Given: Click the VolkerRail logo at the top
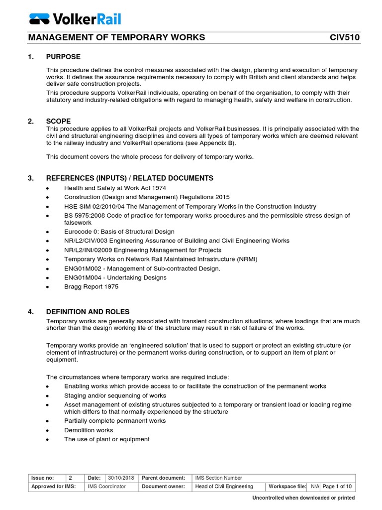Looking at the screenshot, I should pyautogui.click(x=75, y=19).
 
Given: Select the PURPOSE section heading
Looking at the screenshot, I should pyautogui.click(x=63, y=57).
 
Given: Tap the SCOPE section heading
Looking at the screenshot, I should pyautogui.click(x=59, y=121).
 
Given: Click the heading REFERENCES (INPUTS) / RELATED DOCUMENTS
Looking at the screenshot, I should pyautogui.click(x=130, y=178).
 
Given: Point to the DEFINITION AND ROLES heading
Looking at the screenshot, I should pyautogui.click(x=88, y=312).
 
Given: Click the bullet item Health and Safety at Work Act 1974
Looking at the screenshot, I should pyautogui.click(x=115, y=188).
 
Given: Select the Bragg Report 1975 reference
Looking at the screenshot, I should pyautogui.click(x=91, y=286).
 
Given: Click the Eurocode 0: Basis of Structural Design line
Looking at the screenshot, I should pyautogui.click(x=119, y=232).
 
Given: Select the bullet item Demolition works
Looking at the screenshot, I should pyautogui.click(x=89, y=430).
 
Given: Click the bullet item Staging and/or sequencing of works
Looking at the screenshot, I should pyautogui.click(x=115, y=395).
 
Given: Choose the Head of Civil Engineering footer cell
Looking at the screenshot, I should pyautogui.click(x=224, y=486).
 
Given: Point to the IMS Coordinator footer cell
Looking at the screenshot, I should pyautogui.click(x=107, y=486).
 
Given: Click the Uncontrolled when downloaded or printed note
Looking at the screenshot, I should pyautogui.click(x=303, y=498).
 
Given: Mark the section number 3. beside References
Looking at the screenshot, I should pyautogui.click(x=31, y=178).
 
